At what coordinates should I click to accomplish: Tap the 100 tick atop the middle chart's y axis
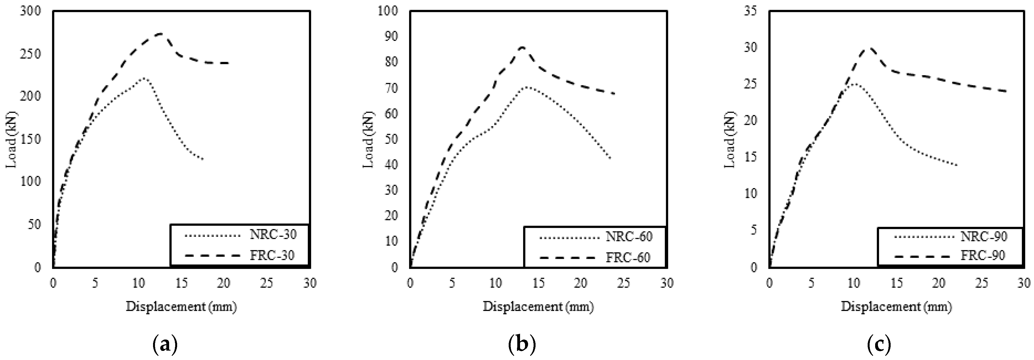click(x=388, y=11)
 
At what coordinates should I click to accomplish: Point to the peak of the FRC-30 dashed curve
click(x=161, y=34)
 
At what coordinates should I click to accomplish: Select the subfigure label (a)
click(x=165, y=344)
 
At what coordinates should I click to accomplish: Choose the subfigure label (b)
click(x=522, y=344)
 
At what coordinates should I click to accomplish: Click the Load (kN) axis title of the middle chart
click(x=368, y=139)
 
